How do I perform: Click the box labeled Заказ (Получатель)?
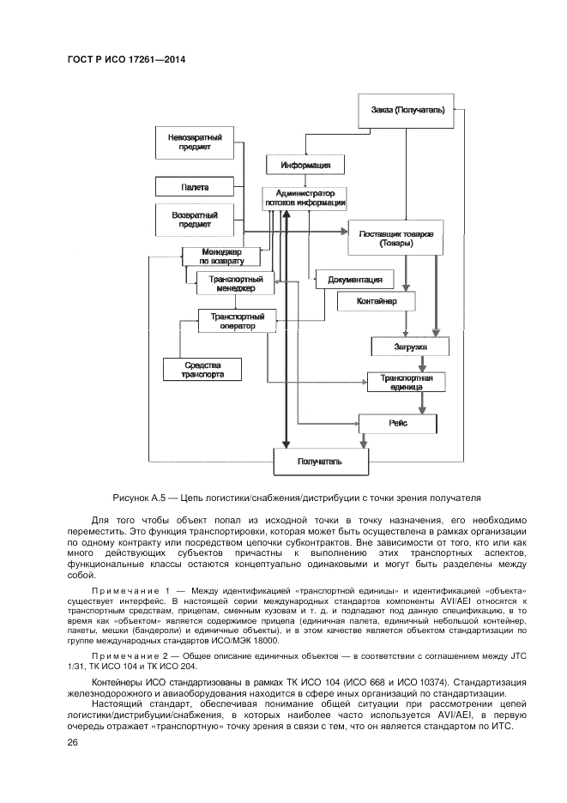pyautogui.click(x=407, y=111)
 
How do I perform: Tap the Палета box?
pyautogui.click(x=195, y=186)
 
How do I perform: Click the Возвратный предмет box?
pyautogui.click(x=195, y=219)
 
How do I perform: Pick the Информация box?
pyautogui.click(x=305, y=165)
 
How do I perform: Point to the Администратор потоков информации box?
pyautogui.click(x=305, y=198)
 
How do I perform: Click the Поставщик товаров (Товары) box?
pyautogui.click(x=395, y=238)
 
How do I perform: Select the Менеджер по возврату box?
pyautogui.click(x=221, y=256)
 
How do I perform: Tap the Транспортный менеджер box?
pyautogui.click(x=235, y=283)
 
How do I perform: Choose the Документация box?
pyautogui.click(x=355, y=280)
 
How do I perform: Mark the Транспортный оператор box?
pyautogui.click(x=237, y=321)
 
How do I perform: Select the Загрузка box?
pyautogui.click(x=409, y=346)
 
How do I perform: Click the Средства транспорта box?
pyautogui.click(x=202, y=370)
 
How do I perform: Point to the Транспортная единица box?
pyautogui.click(x=406, y=381)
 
